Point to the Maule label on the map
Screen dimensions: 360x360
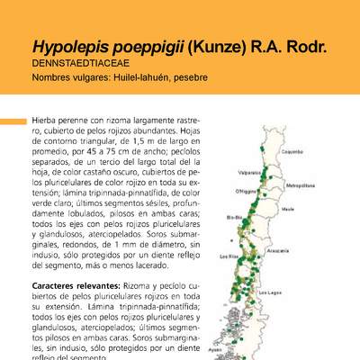(x=289, y=208)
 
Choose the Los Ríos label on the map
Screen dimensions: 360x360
(x=232, y=256)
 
